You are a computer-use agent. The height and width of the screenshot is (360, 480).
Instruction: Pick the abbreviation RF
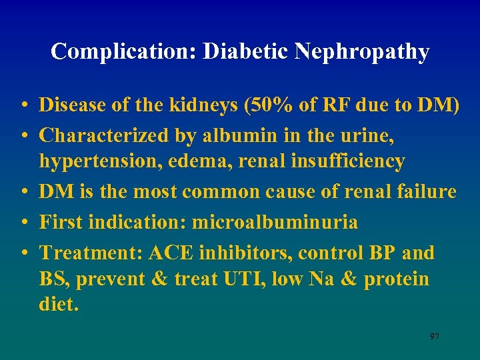click(x=343, y=105)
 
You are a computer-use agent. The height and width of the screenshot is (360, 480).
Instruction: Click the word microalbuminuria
click(x=271, y=222)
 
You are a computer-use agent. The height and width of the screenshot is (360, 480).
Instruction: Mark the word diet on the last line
click(x=58, y=305)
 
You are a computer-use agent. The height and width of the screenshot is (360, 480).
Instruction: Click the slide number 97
click(x=434, y=337)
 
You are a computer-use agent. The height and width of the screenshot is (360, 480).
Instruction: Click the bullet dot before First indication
click(x=23, y=223)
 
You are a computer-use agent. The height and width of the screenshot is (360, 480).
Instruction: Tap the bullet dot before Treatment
click(x=23, y=254)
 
